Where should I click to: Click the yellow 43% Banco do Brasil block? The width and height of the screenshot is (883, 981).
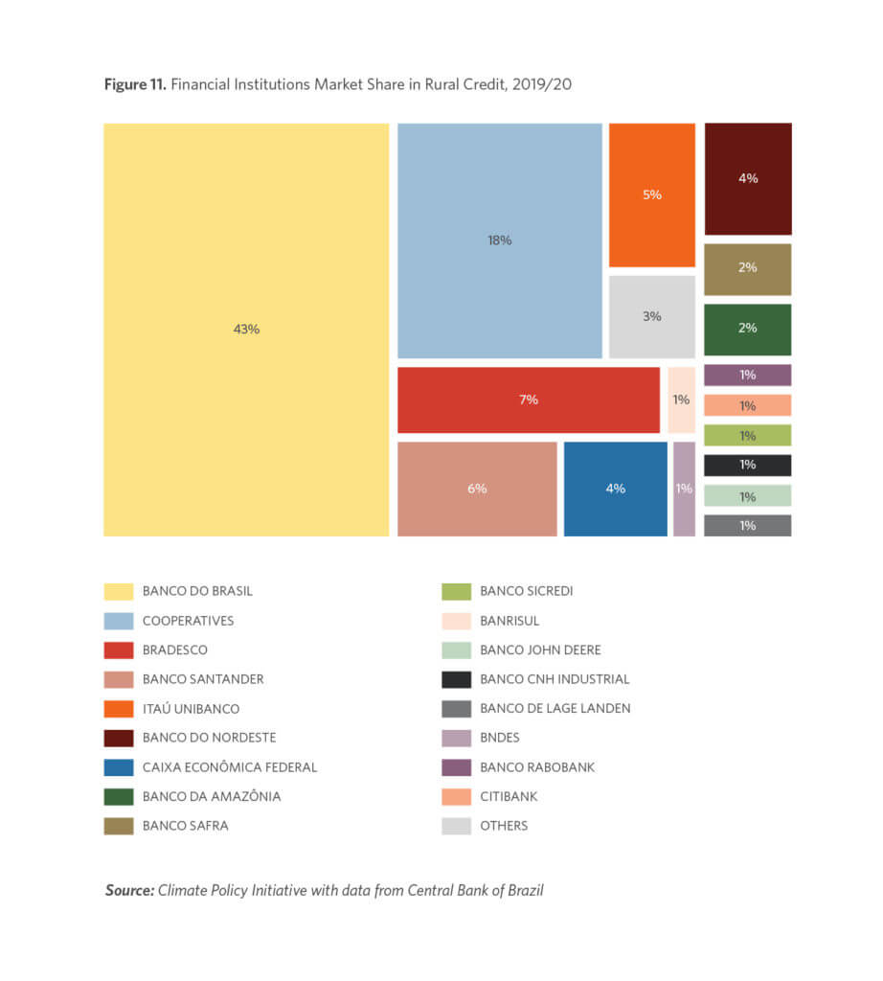click(x=246, y=329)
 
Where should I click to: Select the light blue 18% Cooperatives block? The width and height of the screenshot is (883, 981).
click(x=499, y=240)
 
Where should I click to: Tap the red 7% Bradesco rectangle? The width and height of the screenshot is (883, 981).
click(x=529, y=399)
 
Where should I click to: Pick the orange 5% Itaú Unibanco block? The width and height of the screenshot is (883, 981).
click(x=651, y=194)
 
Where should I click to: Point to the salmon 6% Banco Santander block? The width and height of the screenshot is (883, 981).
click(x=477, y=489)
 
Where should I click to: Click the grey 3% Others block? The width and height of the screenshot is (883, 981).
click(x=651, y=316)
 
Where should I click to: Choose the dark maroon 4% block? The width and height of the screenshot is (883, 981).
click(x=748, y=178)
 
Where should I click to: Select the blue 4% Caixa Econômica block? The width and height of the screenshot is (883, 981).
click(x=615, y=489)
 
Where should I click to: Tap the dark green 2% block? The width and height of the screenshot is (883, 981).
click(x=748, y=329)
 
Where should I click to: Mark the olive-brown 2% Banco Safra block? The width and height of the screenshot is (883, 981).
click(x=748, y=268)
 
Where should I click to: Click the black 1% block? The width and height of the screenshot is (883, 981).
click(x=748, y=466)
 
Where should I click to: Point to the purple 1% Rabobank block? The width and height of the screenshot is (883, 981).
click(x=748, y=375)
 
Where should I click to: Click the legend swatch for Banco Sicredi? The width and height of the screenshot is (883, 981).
click(x=456, y=591)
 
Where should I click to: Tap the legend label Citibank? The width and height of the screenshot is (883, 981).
click(x=509, y=796)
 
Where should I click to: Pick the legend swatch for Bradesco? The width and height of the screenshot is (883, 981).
click(x=119, y=650)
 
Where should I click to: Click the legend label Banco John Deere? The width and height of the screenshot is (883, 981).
click(x=540, y=650)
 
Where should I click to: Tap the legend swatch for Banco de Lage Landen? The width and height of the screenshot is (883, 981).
click(x=456, y=709)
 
